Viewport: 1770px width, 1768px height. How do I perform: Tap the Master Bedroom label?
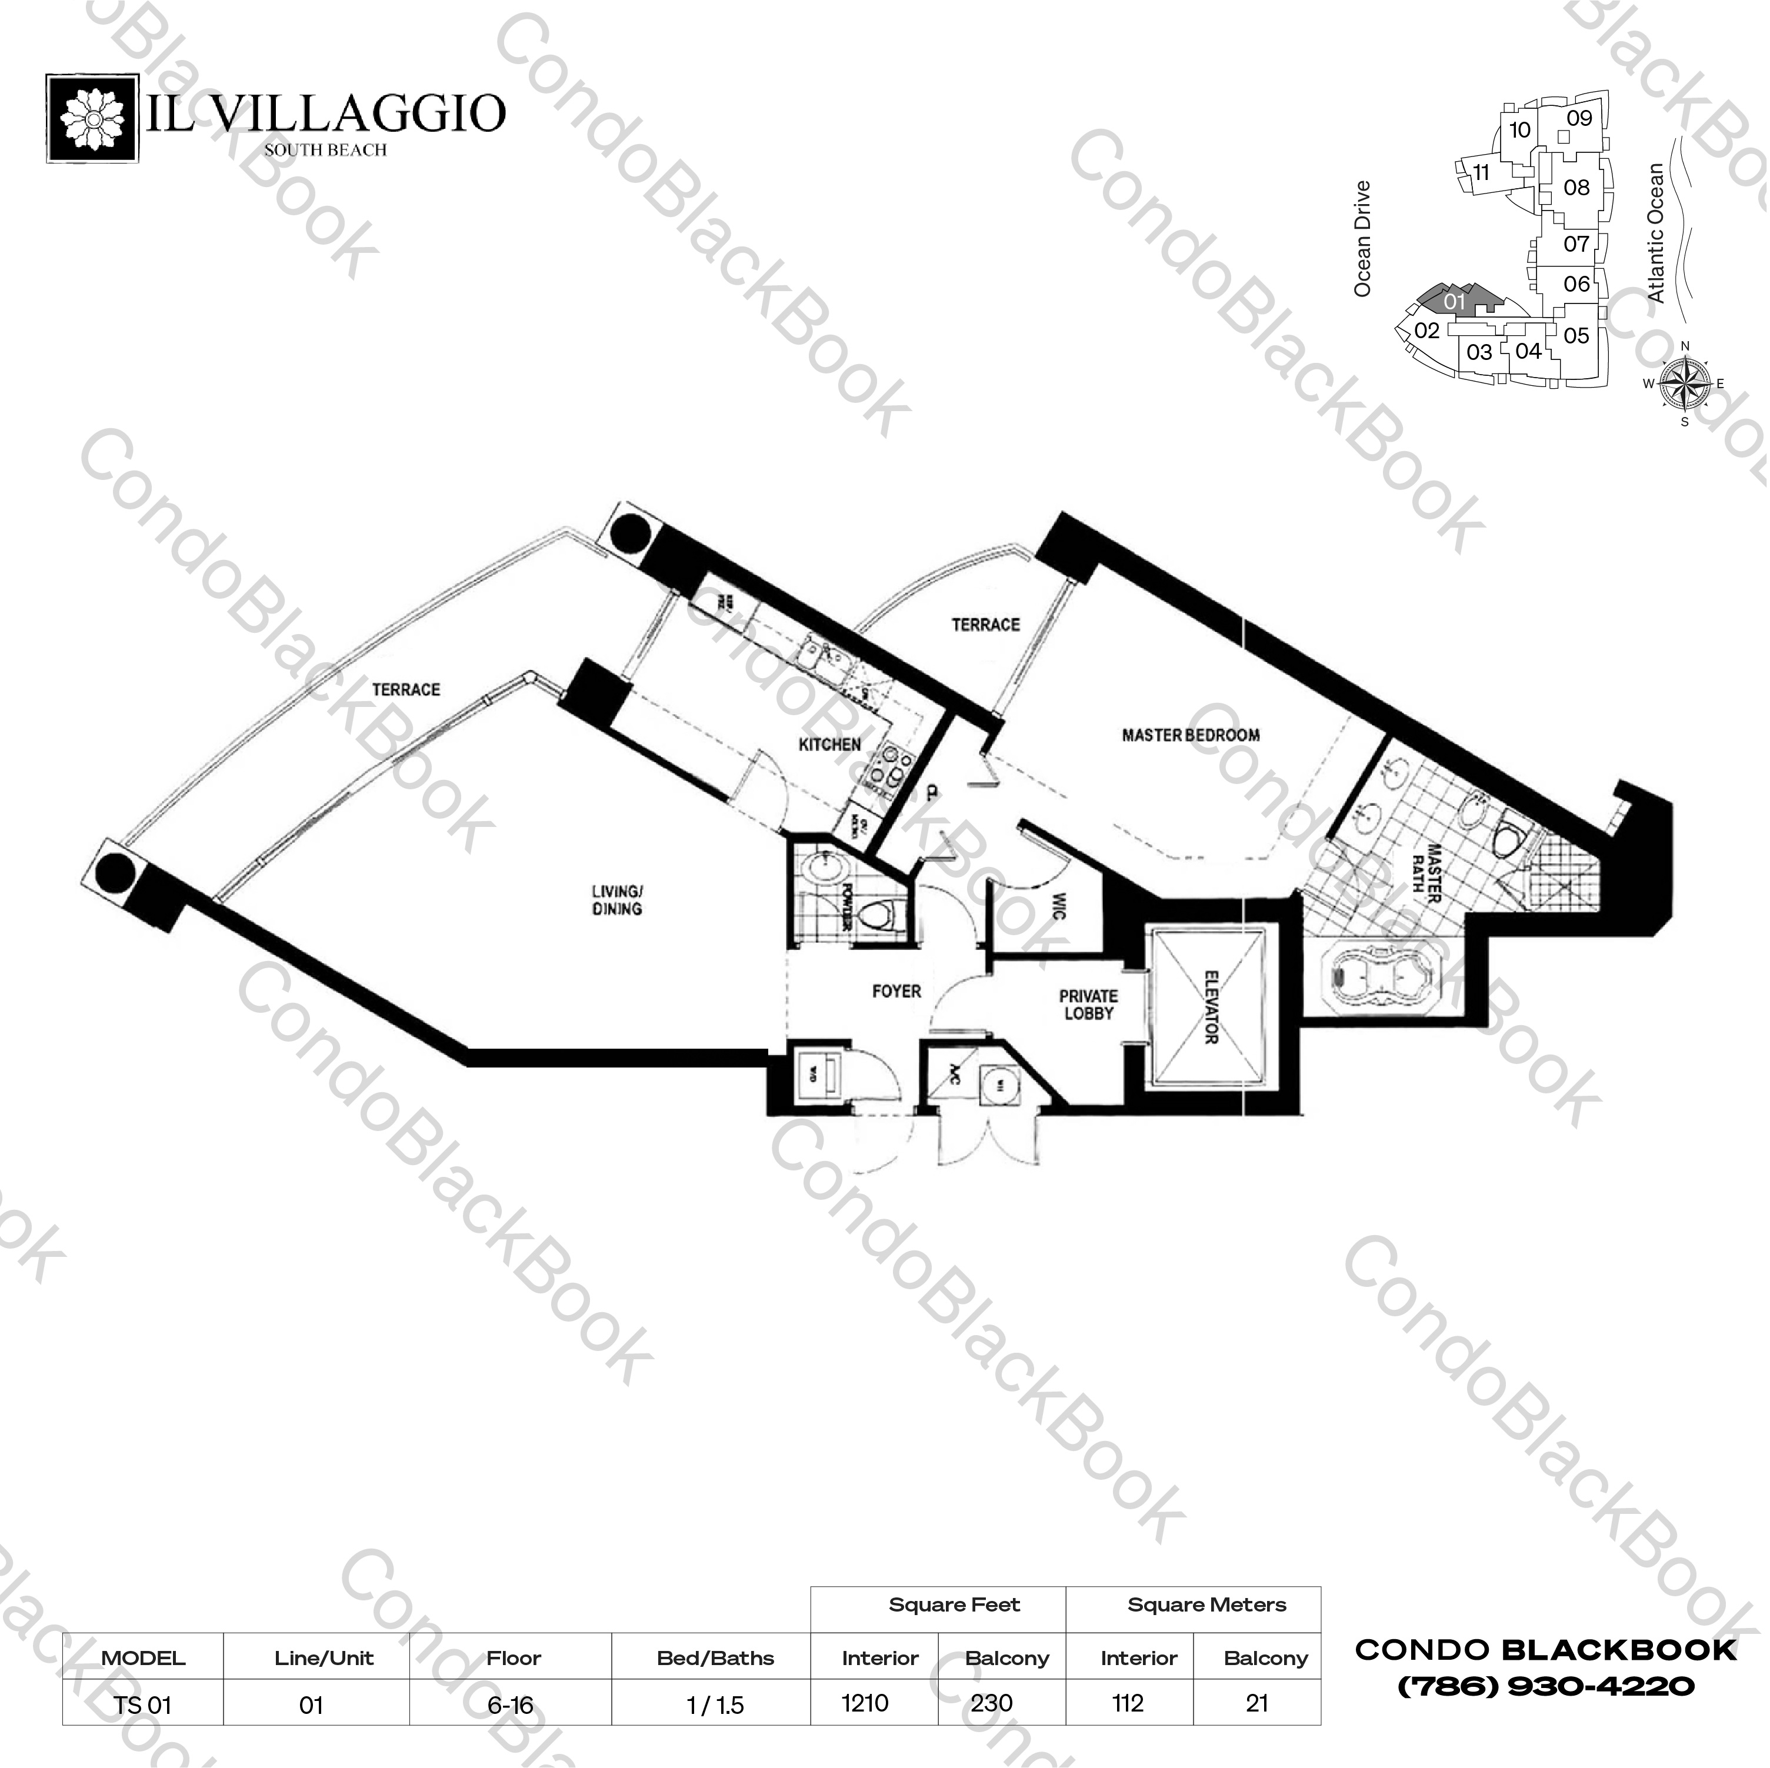point(1190,735)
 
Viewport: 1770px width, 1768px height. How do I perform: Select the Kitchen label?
point(829,745)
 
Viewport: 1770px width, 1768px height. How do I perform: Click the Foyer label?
point(896,990)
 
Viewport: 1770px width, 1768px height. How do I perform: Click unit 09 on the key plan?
point(1578,118)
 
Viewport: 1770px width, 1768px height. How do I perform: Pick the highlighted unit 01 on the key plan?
point(1455,301)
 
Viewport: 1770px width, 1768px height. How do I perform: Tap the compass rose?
point(1685,383)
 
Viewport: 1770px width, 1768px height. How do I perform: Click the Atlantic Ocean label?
point(1655,233)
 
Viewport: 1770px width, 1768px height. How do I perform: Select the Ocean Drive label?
point(1362,238)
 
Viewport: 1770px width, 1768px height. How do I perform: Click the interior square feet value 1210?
point(865,1703)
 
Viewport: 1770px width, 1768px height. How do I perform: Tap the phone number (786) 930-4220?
point(1545,1686)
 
